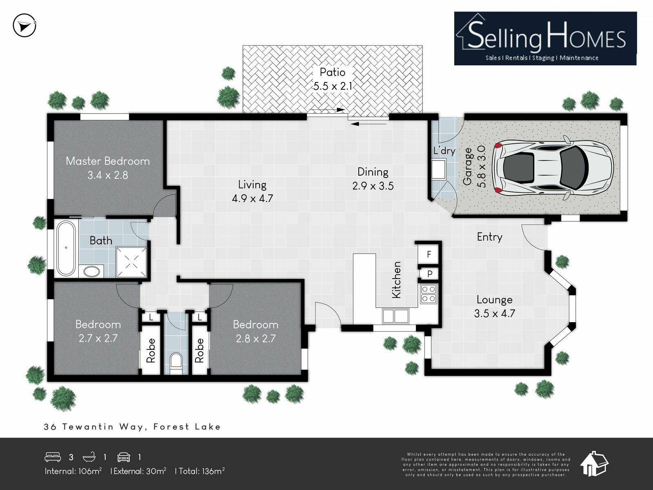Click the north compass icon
click(24, 25)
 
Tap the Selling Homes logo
click(545, 38)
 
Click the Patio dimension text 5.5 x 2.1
click(333, 86)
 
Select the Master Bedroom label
click(108, 161)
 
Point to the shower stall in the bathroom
click(131, 262)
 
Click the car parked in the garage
click(552, 168)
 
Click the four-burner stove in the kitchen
click(429, 294)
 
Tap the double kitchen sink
click(395, 316)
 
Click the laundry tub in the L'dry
click(438, 169)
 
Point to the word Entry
click(489, 237)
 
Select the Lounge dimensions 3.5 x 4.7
click(494, 313)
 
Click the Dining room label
click(373, 172)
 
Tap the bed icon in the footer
click(53, 457)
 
